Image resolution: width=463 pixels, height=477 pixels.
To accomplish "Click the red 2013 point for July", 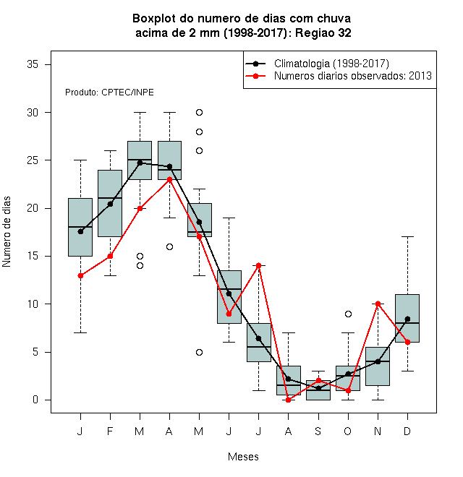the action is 258,265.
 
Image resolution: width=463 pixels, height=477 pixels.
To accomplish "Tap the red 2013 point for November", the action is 378,304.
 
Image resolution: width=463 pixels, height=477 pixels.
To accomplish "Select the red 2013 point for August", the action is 288,400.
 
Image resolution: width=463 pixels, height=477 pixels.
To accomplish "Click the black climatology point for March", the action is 140,163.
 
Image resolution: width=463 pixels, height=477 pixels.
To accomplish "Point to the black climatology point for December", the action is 407,319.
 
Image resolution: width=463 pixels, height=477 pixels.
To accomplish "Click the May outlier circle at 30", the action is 199,113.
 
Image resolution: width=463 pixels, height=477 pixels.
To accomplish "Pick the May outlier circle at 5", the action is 199,352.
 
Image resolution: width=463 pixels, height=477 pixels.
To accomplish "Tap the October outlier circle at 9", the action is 348,314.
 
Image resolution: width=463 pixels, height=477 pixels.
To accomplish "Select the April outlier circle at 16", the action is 170,246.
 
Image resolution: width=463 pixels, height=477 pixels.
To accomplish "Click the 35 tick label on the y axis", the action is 33,64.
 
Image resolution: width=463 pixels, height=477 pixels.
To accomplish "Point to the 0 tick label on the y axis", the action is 35,400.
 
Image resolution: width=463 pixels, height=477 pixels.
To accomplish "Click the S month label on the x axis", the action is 318,431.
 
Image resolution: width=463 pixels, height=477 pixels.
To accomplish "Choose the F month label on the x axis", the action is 110,431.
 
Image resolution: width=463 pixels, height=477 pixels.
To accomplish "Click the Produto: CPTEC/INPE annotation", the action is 109,93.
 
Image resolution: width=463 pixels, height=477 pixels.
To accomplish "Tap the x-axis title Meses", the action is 243,457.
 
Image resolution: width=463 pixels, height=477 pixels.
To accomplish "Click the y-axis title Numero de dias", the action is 7,232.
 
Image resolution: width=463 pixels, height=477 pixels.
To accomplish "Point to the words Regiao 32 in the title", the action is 323,33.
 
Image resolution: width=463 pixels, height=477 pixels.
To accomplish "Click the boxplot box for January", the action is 80,227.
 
